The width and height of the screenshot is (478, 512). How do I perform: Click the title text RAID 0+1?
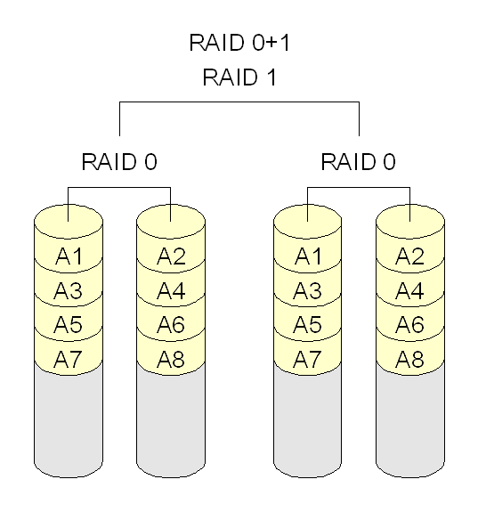[239, 43]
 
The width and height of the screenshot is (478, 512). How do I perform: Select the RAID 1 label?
[239, 77]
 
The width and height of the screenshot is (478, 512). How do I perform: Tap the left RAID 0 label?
[119, 162]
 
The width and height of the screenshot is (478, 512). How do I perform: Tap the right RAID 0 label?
[359, 162]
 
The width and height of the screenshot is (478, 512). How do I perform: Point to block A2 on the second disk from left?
[171, 256]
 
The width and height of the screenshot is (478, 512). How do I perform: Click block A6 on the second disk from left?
[171, 324]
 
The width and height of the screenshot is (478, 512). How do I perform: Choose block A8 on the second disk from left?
[171, 358]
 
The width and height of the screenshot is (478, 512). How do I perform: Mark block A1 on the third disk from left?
[308, 256]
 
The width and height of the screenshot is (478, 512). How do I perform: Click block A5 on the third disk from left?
[308, 324]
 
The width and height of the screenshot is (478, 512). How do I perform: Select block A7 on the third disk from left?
[308, 358]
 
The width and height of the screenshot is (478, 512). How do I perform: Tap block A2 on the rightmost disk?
[410, 256]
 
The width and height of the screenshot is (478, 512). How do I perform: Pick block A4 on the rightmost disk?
[410, 290]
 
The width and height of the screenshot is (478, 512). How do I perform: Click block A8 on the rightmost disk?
[410, 358]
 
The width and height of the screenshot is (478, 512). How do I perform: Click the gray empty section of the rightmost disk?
[410, 423]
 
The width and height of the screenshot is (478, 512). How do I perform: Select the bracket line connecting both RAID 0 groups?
[239, 103]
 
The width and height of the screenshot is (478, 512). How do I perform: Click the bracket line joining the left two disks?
[119, 188]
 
